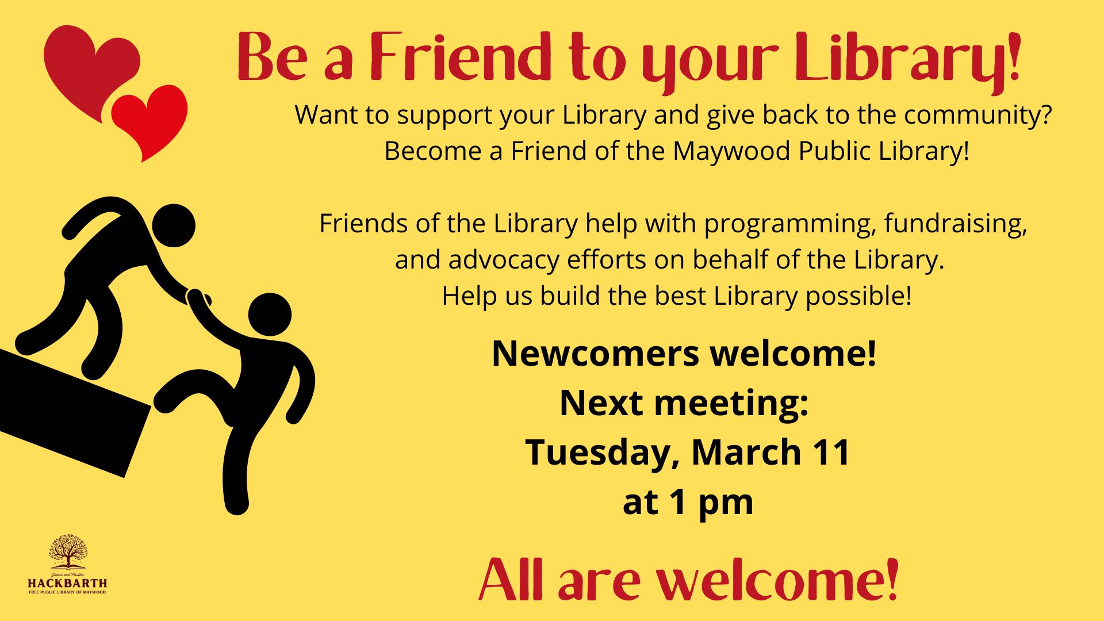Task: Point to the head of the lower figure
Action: pyautogui.click(x=270, y=315)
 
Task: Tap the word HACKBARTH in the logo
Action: pyautogui.click(x=68, y=583)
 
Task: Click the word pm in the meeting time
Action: pyautogui.click(x=726, y=504)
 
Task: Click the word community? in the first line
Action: pyautogui.click(x=977, y=116)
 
